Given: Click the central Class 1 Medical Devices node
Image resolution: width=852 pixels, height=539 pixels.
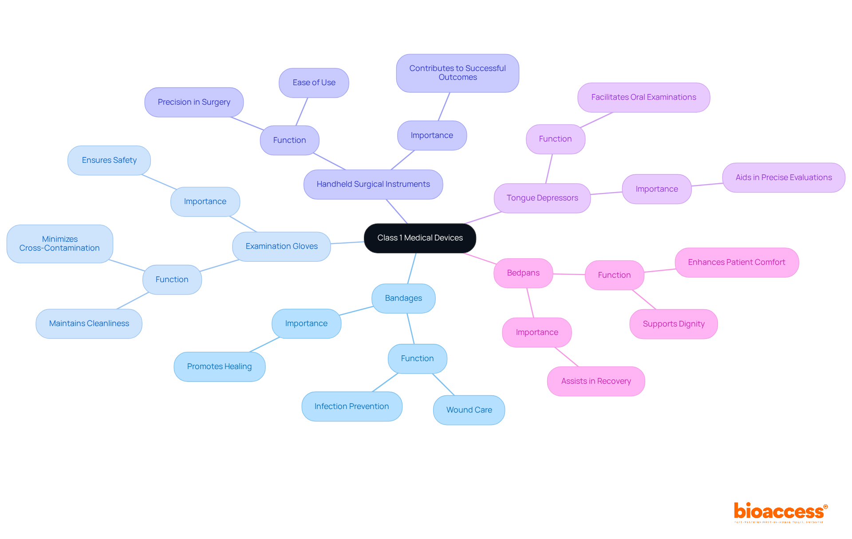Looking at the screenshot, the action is coord(420,238).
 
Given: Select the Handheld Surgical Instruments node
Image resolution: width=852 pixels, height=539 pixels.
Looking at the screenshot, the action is coord(373,185).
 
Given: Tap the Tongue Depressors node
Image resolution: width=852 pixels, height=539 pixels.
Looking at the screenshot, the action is coord(542,198).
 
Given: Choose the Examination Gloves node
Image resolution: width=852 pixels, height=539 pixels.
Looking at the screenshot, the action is coord(281,247).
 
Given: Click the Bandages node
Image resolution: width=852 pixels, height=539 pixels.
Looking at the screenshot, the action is coord(403,299).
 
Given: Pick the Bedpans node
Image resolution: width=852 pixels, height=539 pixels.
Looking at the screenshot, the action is coord(523,273).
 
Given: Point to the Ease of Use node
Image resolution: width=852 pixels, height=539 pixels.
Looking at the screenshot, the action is coord(314,83).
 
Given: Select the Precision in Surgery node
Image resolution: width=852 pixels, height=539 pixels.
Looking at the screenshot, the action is coord(194,102).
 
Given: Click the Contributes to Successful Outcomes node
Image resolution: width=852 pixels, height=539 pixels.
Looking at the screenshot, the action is coord(458,73).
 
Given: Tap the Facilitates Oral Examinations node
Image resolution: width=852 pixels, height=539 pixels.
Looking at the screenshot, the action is coord(643,98).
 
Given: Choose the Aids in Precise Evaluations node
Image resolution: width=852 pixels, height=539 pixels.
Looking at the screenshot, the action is coord(784,178).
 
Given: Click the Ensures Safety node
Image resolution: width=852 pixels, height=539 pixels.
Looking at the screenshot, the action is coord(109,161).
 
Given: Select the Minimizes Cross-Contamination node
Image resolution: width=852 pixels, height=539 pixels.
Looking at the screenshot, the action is coord(60,244).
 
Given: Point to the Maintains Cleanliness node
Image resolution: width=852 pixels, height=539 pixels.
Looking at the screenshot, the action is coord(89,324).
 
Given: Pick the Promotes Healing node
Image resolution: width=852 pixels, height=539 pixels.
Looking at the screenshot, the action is coord(219,367).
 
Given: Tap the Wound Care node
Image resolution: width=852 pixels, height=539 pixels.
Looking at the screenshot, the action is coord(469,410).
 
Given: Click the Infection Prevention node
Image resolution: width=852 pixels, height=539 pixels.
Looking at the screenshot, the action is coord(351,407).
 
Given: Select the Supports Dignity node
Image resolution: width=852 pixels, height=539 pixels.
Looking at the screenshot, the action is coord(674,324).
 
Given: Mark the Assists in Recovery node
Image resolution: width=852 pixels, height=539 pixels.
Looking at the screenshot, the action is coord(596,382).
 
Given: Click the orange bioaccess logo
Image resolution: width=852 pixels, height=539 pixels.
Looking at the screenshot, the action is coord(780,512).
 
